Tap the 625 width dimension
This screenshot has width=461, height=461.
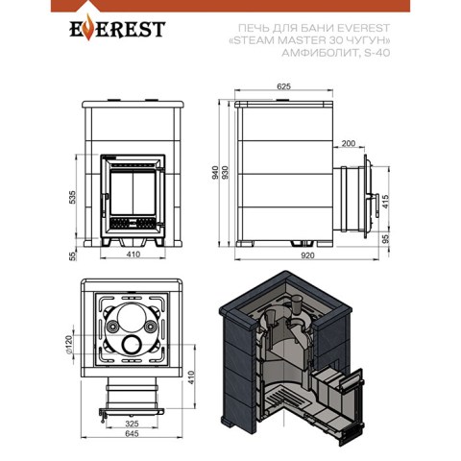coord(283,86)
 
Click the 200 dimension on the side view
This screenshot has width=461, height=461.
coord(349,143)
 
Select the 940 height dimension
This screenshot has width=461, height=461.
coord(215,173)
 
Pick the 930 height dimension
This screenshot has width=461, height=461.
coord(226,173)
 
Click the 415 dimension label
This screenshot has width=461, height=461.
coord(386,202)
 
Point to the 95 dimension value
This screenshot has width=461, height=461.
coord(386,238)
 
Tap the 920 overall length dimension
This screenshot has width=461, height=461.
coord(307,255)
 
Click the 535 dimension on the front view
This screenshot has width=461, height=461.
coord(73,197)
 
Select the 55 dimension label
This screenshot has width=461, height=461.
coord(73,256)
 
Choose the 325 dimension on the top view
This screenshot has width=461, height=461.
coord(132,424)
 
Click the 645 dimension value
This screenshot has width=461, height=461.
coord(132,433)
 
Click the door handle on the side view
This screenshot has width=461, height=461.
coord(376,206)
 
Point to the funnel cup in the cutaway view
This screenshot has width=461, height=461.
coord(297,303)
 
